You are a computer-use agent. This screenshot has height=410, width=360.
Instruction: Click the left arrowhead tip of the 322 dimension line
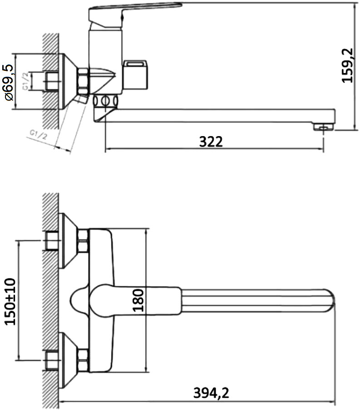(105, 149)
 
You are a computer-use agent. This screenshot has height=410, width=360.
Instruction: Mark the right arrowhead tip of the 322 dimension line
(324, 149)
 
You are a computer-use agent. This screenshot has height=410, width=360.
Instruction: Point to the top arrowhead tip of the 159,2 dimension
(355, 4)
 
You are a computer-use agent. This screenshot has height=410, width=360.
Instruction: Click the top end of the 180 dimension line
(146, 229)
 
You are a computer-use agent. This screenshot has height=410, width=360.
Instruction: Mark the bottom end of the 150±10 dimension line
(19, 360)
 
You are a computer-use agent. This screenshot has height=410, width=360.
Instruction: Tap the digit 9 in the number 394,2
(206, 393)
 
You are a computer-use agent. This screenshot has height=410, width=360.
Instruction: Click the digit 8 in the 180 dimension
(138, 300)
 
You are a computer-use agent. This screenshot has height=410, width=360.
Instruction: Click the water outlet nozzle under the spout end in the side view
(324, 127)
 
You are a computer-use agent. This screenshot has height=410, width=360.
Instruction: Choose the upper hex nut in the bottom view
(83, 241)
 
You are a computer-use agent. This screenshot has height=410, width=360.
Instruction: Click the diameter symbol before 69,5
(9, 97)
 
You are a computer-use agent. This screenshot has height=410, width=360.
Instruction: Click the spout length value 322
(211, 142)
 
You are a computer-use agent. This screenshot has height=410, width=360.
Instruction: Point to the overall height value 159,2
(348, 66)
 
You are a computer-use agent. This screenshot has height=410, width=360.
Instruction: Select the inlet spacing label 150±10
(10, 301)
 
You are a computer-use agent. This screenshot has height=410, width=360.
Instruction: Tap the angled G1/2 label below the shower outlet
(38, 134)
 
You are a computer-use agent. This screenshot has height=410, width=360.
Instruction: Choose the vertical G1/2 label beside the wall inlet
(26, 81)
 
